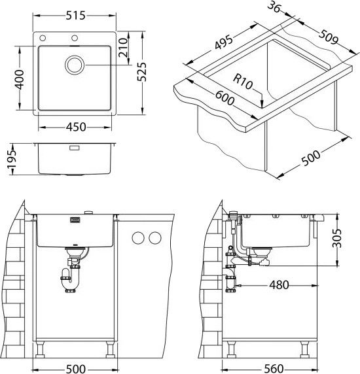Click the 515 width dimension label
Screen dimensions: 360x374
[x=75, y=16]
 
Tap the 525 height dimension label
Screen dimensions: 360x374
[x=142, y=72]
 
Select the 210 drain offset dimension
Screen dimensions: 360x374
[x=123, y=48]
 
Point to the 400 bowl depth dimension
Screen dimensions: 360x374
[x=20, y=80]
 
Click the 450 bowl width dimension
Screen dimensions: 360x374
[x=76, y=127]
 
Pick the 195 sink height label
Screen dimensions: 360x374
[x=12, y=159]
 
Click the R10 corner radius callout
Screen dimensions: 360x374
[x=243, y=82]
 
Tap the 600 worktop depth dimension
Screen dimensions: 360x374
[x=225, y=98]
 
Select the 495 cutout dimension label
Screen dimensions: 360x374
[x=223, y=42]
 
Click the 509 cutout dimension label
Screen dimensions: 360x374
[x=329, y=37]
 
